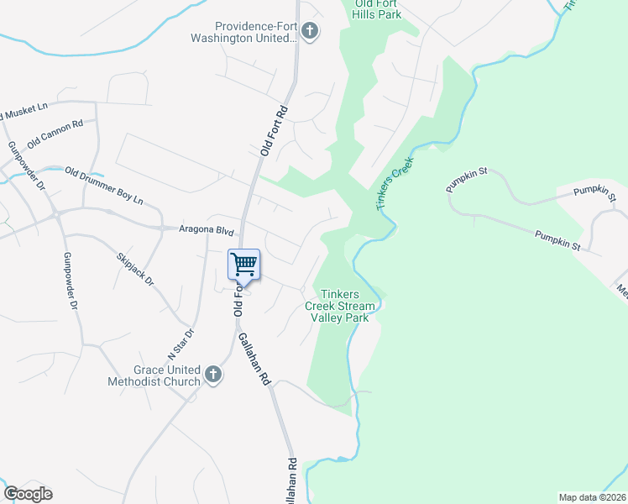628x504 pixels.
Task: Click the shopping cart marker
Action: click(x=244, y=265)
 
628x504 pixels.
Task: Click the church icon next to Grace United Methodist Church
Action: click(x=213, y=375)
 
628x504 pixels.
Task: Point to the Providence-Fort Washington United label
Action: click(x=257, y=33)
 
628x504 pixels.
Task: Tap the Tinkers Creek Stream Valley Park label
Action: click(x=339, y=306)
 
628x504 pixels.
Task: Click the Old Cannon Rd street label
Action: click(x=55, y=134)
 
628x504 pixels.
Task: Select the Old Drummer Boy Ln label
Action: click(x=104, y=187)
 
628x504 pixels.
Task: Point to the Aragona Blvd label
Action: click(x=205, y=229)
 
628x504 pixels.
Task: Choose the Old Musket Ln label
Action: click(x=25, y=109)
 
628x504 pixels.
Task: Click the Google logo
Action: click(x=28, y=494)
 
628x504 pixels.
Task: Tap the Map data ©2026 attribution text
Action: click(x=592, y=497)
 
